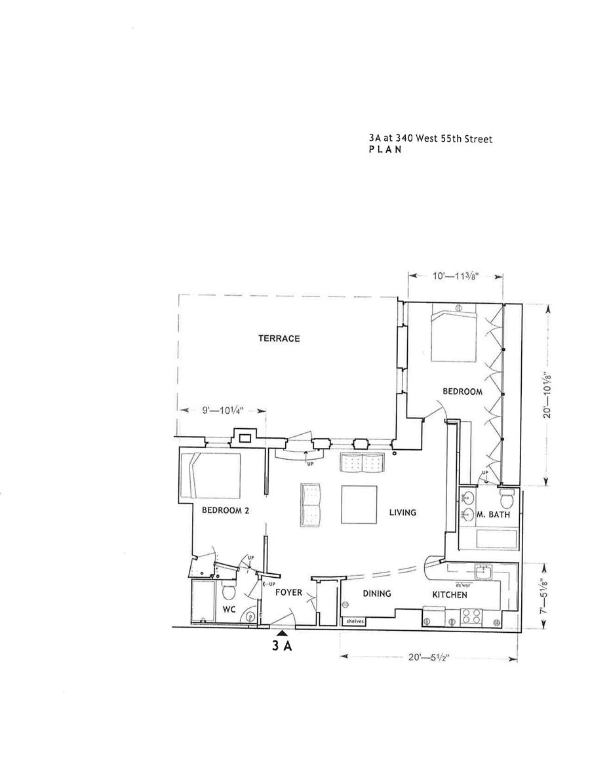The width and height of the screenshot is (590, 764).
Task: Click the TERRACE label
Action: point(279,338)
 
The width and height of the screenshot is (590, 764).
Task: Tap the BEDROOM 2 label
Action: point(225,510)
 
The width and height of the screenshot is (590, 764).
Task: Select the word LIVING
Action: point(403,512)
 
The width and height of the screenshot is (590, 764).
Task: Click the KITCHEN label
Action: point(449,595)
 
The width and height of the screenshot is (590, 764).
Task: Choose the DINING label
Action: point(376,593)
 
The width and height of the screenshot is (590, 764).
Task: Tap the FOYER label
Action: point(288,592)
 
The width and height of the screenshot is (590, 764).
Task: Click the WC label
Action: point(229,609)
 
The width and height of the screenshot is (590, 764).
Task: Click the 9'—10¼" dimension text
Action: point(222,411)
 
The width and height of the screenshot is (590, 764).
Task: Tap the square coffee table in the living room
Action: point(359,504)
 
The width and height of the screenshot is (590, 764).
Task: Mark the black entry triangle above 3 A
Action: point(282,633)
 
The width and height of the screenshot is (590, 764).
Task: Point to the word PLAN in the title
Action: point(385,150)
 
